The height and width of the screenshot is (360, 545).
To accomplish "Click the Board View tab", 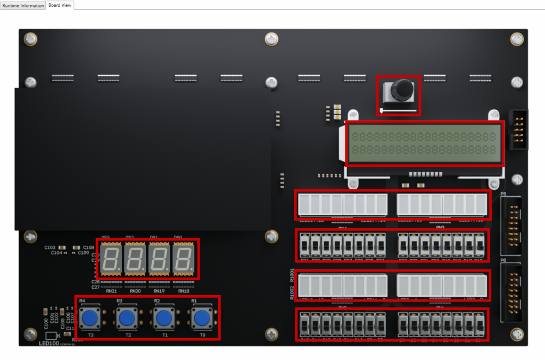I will (x=60, y=5).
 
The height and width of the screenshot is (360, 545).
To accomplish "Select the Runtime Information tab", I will (x=23, y=5).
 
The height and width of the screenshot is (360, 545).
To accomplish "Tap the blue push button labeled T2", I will (x=127, y=319).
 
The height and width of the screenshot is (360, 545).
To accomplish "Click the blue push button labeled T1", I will (x=164, y=319).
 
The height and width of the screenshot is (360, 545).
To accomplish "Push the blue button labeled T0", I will (x=202, y=319).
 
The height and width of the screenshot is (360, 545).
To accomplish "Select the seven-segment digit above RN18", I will (x=184, y=259).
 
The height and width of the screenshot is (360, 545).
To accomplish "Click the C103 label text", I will (x=50, y=248).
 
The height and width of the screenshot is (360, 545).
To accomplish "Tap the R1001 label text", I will (x=292, y=275).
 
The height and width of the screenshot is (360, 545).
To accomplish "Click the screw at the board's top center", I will (x=271, y=39).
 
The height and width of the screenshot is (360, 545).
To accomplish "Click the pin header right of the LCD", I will (x=518, y=130).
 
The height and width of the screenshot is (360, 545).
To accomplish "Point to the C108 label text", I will (x=88, y=248).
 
